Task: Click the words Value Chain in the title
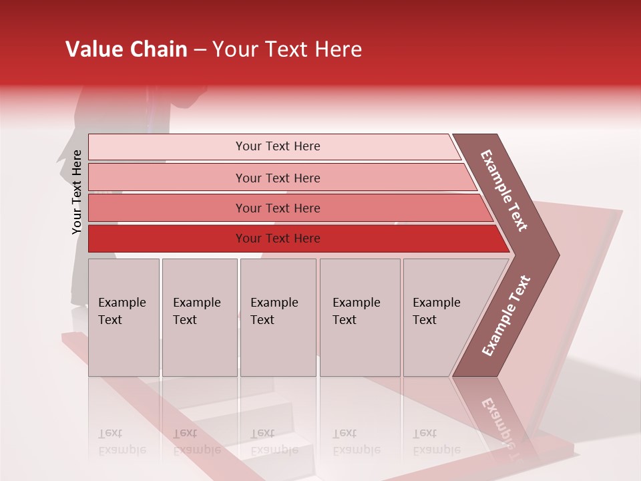click(x=127, y=49)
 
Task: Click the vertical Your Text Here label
click(x=77, y=192)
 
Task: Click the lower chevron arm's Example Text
click(x=506, y=316)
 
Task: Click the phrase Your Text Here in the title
click(x=286, y=49)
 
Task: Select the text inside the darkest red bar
click(x=278, y=238)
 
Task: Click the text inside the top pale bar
click(x=278, y=146)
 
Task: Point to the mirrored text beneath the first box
click(x=122, y=442)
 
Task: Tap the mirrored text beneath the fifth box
click(x=436, y=442)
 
